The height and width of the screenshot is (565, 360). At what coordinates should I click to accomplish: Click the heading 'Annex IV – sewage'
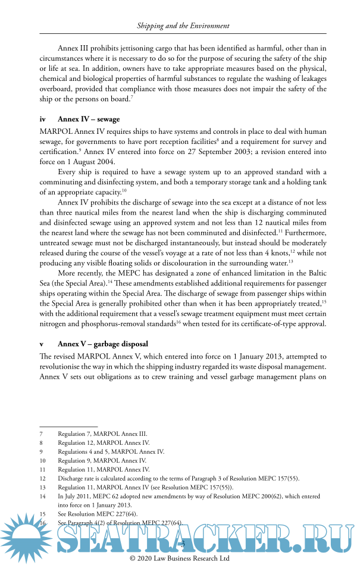[x=89, y=120]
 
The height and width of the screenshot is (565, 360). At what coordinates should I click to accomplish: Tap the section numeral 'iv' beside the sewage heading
[x=43, y=120]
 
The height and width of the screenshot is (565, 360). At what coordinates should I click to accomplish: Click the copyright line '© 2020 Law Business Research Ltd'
[x=180, y=559]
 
